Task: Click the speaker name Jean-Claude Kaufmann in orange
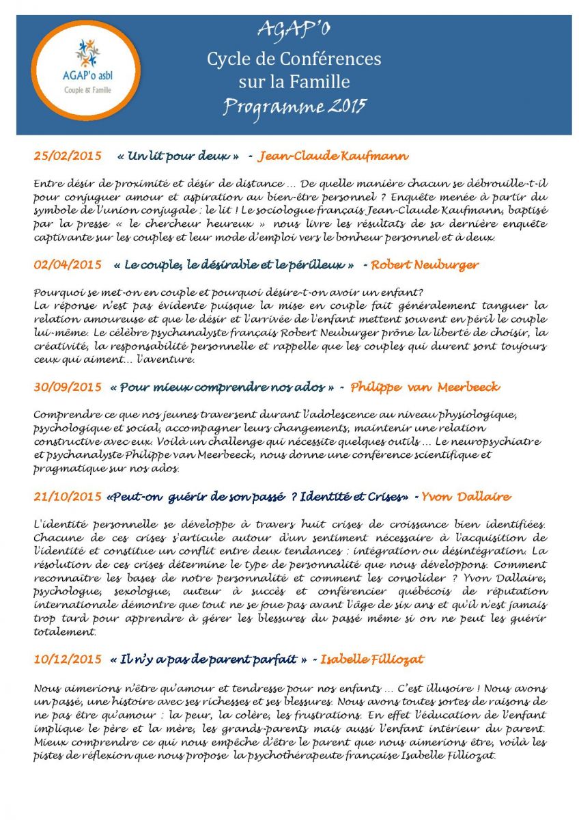pos(333,156)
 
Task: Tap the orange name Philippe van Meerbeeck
pos(425,387)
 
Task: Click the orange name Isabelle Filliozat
pos(372,659)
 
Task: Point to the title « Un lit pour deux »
pos(178,156)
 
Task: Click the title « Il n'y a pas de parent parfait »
pos(208,659)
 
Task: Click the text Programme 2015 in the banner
pos(294,106)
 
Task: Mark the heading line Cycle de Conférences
pos(294,59)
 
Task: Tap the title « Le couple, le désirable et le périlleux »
pos(234,264)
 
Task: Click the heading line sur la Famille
pos(294,82)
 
